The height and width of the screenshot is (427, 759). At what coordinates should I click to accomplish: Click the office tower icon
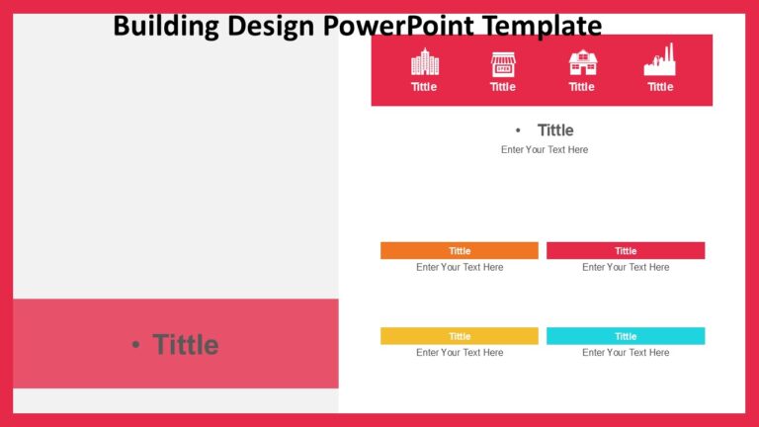tap(424, 62)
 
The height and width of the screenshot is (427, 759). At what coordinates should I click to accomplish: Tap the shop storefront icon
tap(503, 63)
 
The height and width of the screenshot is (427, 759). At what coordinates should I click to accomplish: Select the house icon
tap(582, 62)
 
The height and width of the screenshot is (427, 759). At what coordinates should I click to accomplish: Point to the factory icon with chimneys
tap(660, 60)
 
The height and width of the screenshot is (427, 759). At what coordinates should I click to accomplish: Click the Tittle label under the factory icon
tap(660, 87)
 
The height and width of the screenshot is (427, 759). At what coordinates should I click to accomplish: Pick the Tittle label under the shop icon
tap(503, 87)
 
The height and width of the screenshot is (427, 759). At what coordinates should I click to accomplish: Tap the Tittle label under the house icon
tap(582, 87)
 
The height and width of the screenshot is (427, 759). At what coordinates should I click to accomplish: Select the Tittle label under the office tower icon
tap(424, 87)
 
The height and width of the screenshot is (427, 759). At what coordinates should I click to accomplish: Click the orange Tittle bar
tap(460, 251)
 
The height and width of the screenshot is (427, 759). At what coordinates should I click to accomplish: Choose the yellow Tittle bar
tap(460, 336)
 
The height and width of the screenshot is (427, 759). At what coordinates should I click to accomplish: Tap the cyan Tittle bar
tap(626, 336)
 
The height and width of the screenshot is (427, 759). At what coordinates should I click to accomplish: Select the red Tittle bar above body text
tap(626, 251)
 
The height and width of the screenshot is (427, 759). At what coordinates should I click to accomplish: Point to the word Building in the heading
tap(166, 25)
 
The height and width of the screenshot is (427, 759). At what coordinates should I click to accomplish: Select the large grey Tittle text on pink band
tap(185, 345)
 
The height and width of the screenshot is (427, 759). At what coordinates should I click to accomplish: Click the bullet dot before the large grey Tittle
tap(135, 345)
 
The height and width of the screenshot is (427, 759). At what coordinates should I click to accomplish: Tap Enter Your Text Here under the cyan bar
tap(626, 353)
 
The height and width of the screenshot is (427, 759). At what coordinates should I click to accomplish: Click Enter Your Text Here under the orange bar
tap(460, 268)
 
